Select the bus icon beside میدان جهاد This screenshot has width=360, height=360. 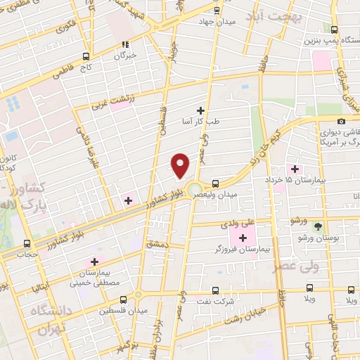(x=216, y=11)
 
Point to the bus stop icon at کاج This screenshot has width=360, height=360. (x=86, y=56)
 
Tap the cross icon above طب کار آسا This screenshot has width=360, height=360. (x=201, y=110)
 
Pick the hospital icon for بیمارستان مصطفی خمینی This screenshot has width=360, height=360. (x=94, y=262)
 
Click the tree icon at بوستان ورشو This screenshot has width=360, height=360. (x=319, y=226)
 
